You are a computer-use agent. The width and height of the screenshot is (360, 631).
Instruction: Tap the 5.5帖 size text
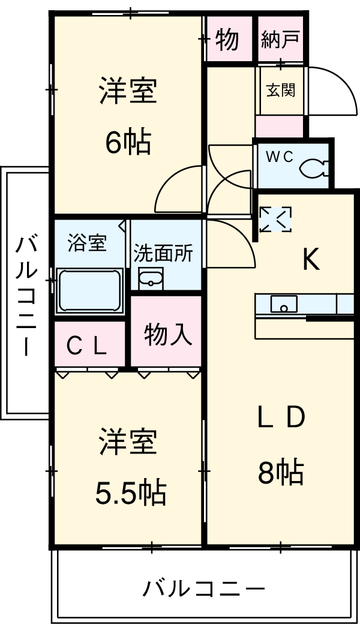pos(131,493)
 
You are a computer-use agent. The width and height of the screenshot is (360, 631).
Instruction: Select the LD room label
pos(281,417)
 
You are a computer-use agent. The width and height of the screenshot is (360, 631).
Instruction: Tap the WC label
pos(280,157)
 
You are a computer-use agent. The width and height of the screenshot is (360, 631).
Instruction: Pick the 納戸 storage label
pos(281,41)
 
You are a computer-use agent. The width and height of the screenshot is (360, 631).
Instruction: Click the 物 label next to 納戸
pos(227,40)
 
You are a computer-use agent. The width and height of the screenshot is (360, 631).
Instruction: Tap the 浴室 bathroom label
pos(87,243)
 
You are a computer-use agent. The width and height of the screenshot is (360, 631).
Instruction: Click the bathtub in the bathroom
pos(89,290)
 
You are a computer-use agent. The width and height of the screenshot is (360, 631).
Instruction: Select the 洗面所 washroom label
pos(163,254)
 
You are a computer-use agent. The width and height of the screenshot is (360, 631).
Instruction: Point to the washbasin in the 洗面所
pos(151,279)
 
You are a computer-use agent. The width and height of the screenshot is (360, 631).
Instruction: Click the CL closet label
pos(87,346)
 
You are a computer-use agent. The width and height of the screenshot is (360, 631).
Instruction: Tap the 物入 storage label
pos(168,335)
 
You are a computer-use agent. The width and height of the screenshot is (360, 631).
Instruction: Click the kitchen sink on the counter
pos(283,305)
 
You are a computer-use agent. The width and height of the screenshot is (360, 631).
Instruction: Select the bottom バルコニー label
pos(204,588)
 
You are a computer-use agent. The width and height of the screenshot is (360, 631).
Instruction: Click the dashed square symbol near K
pos(275,220)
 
